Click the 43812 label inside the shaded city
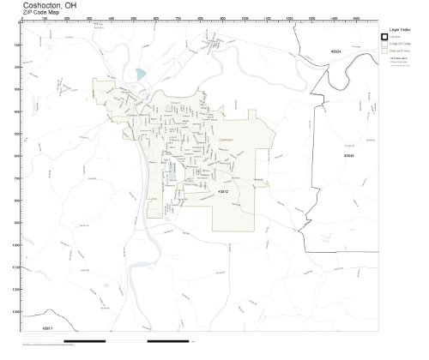pos(226,191)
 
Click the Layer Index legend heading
pos(399,30)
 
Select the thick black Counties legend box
pos(386,38)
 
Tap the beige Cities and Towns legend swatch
pos(386,51)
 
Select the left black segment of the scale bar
pos(82,341)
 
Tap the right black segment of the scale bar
pos(154,341)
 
